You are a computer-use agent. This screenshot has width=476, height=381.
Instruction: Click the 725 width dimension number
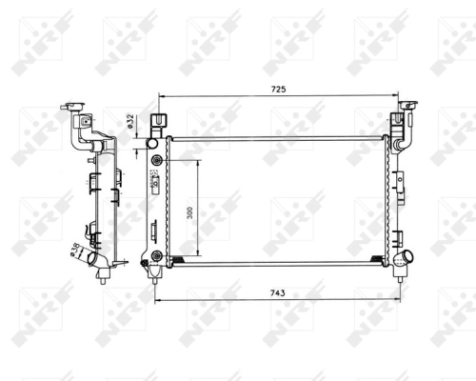click(279, 89)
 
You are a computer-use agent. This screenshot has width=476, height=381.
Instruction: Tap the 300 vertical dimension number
click(189, 213)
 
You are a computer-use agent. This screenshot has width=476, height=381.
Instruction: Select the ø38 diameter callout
click(73, 250)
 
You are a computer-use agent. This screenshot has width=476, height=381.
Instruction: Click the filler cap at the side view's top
click(73, 109)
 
